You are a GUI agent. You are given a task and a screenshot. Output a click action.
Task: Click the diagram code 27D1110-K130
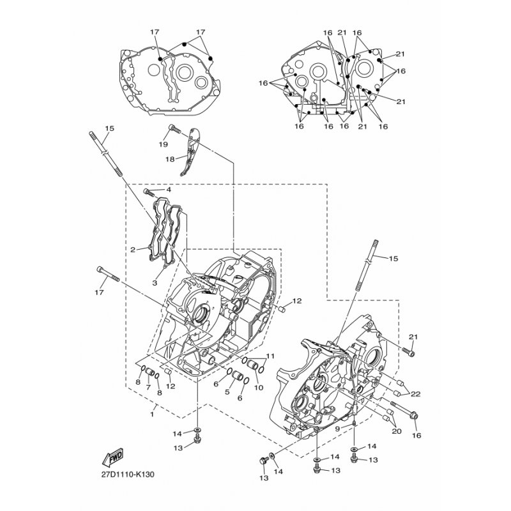(128, 474)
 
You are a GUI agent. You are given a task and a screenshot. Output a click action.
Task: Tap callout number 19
(164, 144)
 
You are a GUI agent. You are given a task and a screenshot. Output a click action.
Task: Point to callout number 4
(169, 189)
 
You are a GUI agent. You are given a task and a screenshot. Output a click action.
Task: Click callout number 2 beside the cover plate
(133, 250)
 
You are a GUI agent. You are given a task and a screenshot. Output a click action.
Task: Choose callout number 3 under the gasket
(155, 282)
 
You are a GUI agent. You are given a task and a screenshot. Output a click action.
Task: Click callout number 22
(416, 394)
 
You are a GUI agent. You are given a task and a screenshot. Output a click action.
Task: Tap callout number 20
(397, 431)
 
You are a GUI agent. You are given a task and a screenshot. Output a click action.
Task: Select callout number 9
(337, 429)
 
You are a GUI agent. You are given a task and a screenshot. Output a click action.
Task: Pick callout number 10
(259, 388)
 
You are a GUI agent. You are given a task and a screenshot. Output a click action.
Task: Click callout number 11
(270, 356)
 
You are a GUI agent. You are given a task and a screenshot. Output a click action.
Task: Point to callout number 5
(227, 392)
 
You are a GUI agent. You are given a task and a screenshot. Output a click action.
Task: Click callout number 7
(148, 388)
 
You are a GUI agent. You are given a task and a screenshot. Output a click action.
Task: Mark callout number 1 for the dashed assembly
(152, 415)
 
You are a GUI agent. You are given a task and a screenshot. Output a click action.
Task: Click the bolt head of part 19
(172, 127)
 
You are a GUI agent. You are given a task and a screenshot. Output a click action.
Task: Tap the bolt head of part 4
(147, 191)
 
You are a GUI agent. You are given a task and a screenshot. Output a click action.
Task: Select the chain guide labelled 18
(190, 151)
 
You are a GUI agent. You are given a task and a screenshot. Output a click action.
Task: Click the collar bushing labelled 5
(237, 377)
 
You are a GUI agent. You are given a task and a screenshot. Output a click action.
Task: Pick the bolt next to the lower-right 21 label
(408, 352)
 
